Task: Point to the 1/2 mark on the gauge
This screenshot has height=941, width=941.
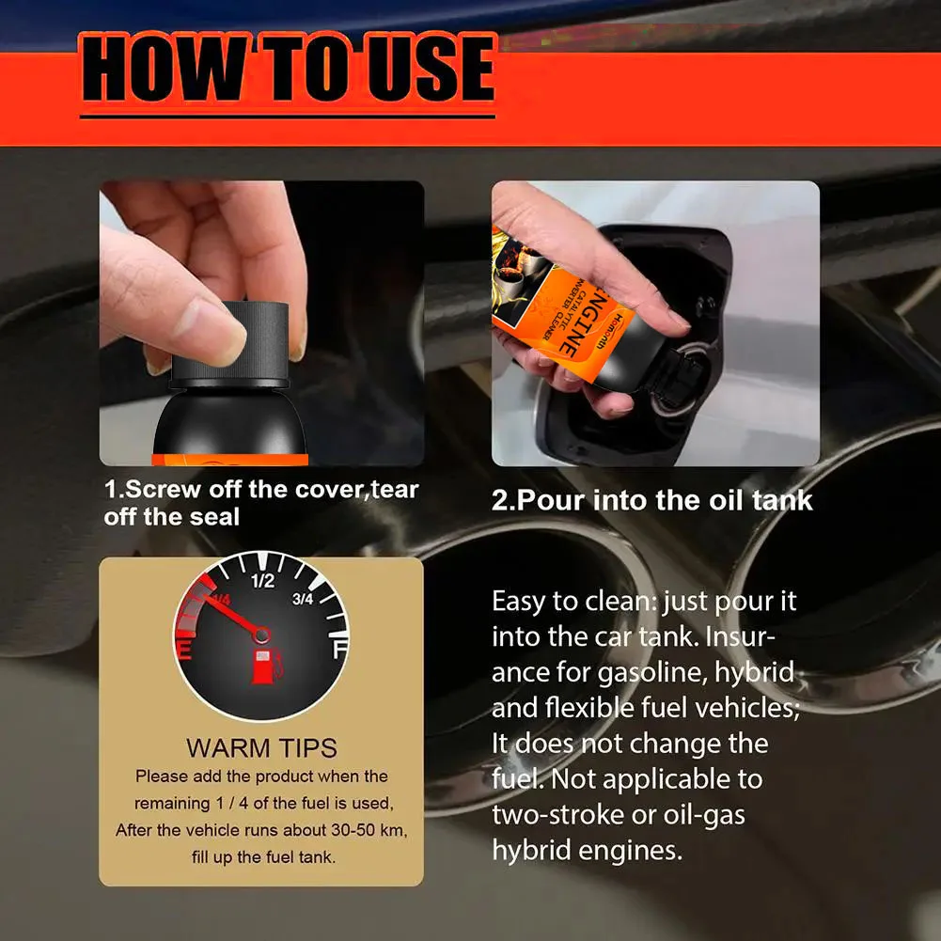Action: coord(261,580)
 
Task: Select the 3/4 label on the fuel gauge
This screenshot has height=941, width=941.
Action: coord(304,599)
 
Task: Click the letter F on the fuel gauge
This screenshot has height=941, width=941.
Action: coord(339,650)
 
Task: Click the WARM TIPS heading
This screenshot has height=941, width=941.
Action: coord(261,748)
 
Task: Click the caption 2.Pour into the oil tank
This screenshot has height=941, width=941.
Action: coord(651,499)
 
